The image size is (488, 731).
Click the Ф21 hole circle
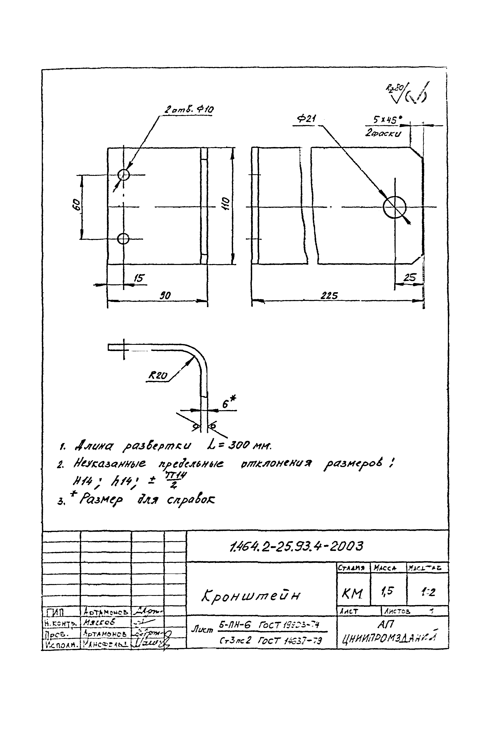click(394, 207)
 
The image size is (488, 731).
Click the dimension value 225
click(329, 295)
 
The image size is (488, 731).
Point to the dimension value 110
click(227, 203)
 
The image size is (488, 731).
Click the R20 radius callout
click(158, 375)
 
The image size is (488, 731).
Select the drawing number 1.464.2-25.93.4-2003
click(296, 546)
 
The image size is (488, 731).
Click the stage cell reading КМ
click(352, 593)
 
